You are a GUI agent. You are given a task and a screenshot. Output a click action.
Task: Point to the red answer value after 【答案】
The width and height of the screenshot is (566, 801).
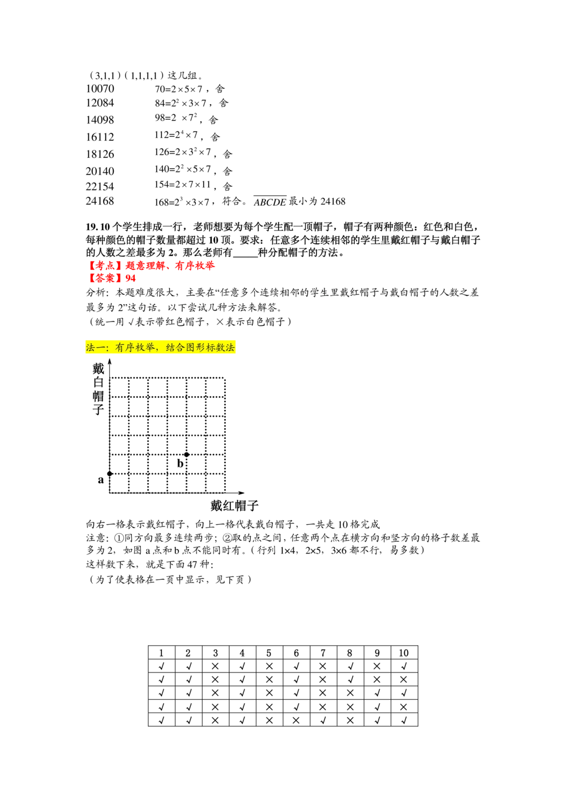tap(131, 279)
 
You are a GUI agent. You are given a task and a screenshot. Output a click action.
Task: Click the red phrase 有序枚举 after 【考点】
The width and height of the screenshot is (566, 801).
tap(195, 265)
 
